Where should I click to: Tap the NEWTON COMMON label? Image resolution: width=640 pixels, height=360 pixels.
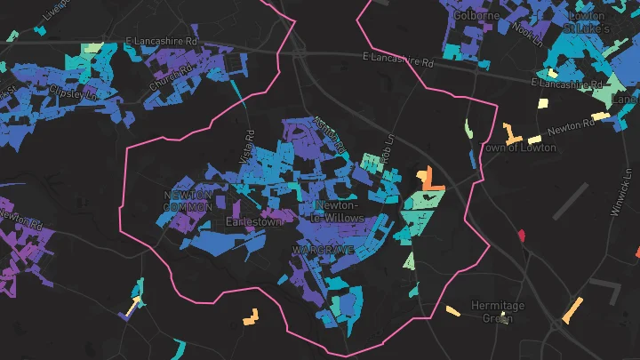188,201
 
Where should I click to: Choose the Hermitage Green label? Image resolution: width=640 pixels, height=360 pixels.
498,310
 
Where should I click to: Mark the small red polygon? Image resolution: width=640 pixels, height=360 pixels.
521,236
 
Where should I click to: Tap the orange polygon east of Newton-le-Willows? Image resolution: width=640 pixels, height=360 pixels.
429,180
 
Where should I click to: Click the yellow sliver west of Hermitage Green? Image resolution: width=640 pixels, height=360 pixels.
452,311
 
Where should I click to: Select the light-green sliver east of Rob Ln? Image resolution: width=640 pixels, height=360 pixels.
468,130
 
